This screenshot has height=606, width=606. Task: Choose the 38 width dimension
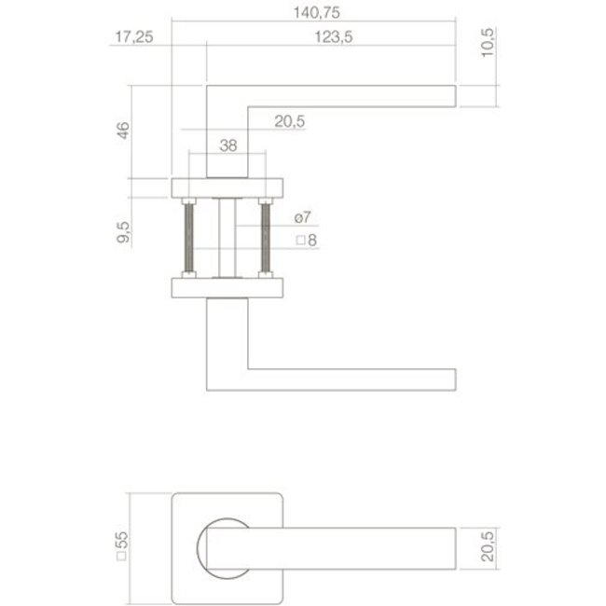227,145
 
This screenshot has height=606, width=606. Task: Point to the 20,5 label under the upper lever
291,121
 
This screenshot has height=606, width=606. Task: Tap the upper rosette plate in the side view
227,186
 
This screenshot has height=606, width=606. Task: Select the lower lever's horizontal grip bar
354,380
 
